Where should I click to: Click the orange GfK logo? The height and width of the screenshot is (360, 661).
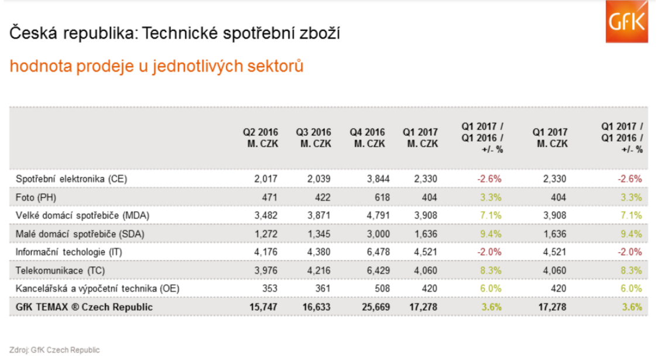point(627,22)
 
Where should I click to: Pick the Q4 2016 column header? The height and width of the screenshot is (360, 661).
point(367,138)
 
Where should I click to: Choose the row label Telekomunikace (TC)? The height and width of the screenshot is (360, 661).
point(55,270)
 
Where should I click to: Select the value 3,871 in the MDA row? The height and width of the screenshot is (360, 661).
point(319,215)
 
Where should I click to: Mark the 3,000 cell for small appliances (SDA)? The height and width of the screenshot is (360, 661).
point(373,234)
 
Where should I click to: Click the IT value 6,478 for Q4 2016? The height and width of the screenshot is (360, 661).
point(373,252)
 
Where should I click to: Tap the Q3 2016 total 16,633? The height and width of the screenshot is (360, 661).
point(317,307)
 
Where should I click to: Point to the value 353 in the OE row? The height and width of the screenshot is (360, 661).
point(269,289)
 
